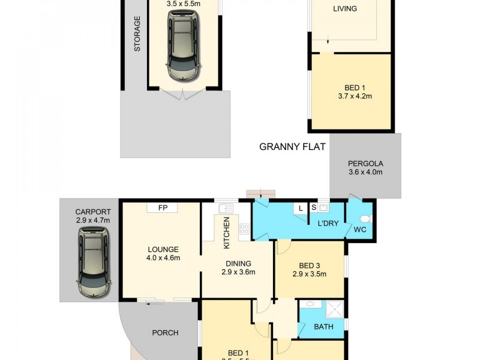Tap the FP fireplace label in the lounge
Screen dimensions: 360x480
[163, 208]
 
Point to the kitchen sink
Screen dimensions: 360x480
[226, 208]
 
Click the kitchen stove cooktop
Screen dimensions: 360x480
[244, 228]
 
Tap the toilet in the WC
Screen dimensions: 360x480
[367, 218]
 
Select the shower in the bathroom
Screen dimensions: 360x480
[334, 308]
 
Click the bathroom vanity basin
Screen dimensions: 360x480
[310, 305]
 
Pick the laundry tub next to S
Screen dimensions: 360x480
[323, 208]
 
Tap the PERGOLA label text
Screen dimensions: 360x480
[365, 164]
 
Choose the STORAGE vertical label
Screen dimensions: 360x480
[137, 34]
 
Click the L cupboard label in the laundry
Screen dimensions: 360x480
[301, 208]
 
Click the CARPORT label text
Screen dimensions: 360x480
[92, 211]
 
